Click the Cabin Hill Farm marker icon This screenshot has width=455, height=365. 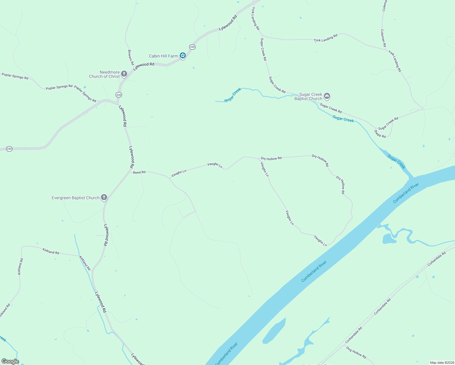point(182,56)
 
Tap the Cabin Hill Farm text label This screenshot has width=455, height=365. point(163,56)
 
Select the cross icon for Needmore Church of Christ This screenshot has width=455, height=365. point(124,74)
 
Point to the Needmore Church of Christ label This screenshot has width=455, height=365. point(105,75)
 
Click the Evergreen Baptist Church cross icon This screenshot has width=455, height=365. point(104,197)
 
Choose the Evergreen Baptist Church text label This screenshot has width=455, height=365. point(75,198)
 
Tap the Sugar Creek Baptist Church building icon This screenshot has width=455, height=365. point(327,96)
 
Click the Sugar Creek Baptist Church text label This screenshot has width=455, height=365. point(308,97)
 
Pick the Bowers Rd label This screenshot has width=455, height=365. point(131,58)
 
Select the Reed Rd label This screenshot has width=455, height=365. point(139,172)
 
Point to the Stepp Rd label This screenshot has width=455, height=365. point(380,134)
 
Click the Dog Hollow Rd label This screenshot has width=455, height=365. point(356,353)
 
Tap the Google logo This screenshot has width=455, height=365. point(10,361)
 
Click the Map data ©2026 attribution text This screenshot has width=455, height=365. point(441,363)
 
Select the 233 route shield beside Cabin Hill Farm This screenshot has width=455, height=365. point(192,47)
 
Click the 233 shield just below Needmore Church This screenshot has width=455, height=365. point(119,95)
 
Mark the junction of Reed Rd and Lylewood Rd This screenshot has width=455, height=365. point(130,171)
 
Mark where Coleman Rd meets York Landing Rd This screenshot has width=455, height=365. point(386,49)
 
